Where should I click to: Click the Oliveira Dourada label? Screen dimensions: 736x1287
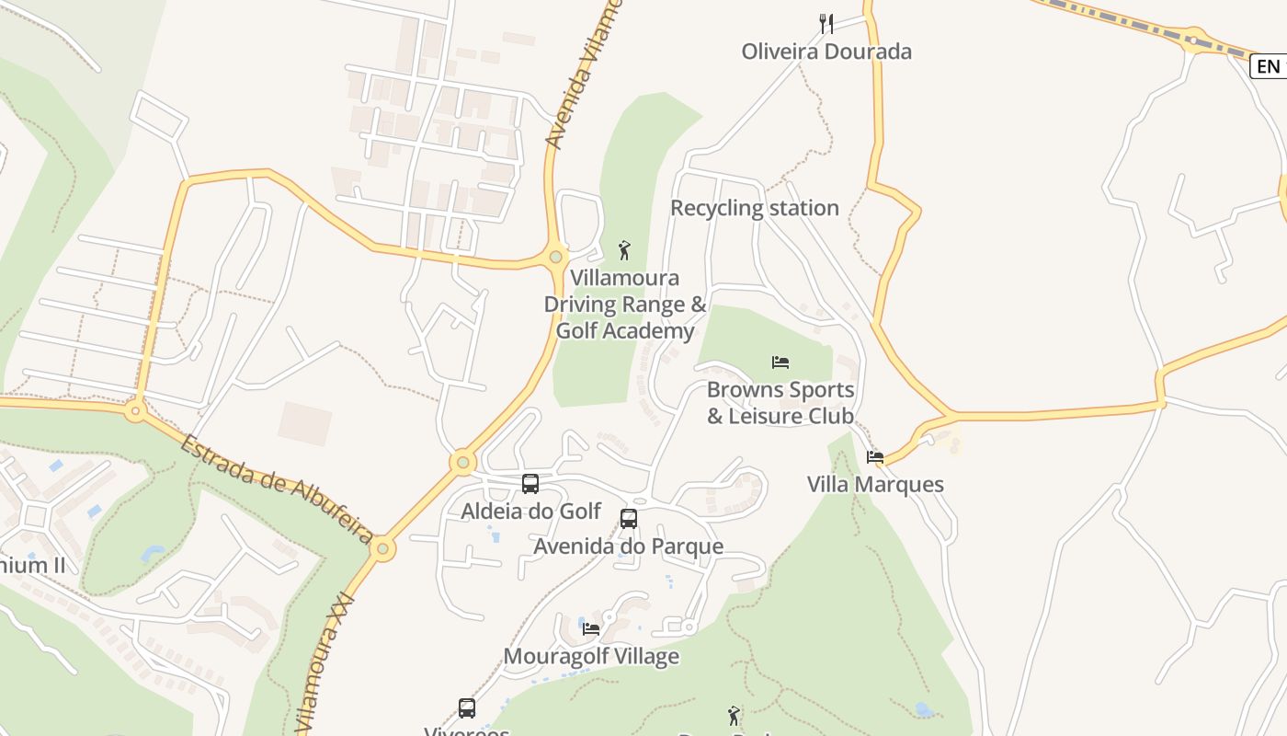click(826, 52)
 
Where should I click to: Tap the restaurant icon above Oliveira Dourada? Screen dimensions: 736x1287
click(826, 23)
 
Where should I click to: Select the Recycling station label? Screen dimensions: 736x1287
click(754, 208)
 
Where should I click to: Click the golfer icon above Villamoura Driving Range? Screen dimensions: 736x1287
click(625, 249)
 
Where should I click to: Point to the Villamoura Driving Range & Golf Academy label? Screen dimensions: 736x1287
click(625, 305)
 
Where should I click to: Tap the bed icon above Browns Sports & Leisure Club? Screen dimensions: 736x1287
click(780, 362)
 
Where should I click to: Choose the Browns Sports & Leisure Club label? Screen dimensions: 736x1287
click(780, 403)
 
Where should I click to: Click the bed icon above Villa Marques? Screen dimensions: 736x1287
click(875, 456)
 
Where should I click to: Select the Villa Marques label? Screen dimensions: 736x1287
click(875, 485)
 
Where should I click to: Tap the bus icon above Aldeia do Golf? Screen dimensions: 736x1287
click(530, 484)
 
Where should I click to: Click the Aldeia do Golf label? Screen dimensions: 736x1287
click(530, 512)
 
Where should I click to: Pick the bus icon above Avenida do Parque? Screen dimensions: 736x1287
click(629, 519)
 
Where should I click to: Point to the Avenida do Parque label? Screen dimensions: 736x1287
click(629, 546)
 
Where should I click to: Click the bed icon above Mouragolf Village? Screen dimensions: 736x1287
click(591, 629)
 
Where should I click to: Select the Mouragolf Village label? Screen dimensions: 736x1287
click(591, 657)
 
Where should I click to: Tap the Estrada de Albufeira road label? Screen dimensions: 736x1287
click(276, 489)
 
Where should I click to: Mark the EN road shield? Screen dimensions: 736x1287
click(1268, 66)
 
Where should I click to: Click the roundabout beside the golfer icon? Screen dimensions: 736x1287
click(555, 257)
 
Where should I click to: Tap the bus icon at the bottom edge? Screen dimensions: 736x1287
click(467, 708)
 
